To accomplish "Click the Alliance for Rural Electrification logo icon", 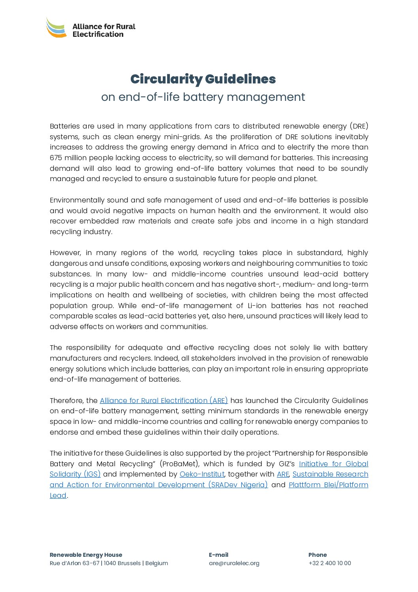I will coord(56,28).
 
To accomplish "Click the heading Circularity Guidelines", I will coord(203,79).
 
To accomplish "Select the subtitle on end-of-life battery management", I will coord(203,97).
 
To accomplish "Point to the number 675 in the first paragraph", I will coord(56,158).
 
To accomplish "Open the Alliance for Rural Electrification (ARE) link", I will coord(164,401).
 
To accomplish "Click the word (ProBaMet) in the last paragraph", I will coord(179,464).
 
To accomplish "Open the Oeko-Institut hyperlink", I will coord(202,474).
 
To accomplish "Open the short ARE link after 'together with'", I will coord(283,474).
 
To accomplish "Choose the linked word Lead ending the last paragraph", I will coord(58,496).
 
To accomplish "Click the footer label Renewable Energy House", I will coord(86,555).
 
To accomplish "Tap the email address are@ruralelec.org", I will coord(234,563).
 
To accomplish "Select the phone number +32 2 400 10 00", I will coord(330,563).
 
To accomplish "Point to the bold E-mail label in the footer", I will coord(218,555).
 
